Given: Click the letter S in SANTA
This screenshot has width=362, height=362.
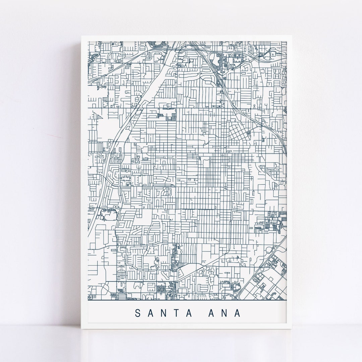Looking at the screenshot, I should [138, 313].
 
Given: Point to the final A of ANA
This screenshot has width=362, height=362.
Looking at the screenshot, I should [238, 313].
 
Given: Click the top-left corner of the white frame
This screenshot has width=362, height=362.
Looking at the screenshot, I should [81, 36].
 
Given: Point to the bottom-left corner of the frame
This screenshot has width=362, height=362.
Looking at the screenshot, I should [81, 329].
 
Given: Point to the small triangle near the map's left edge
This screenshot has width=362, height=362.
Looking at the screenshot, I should [99, 116].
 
